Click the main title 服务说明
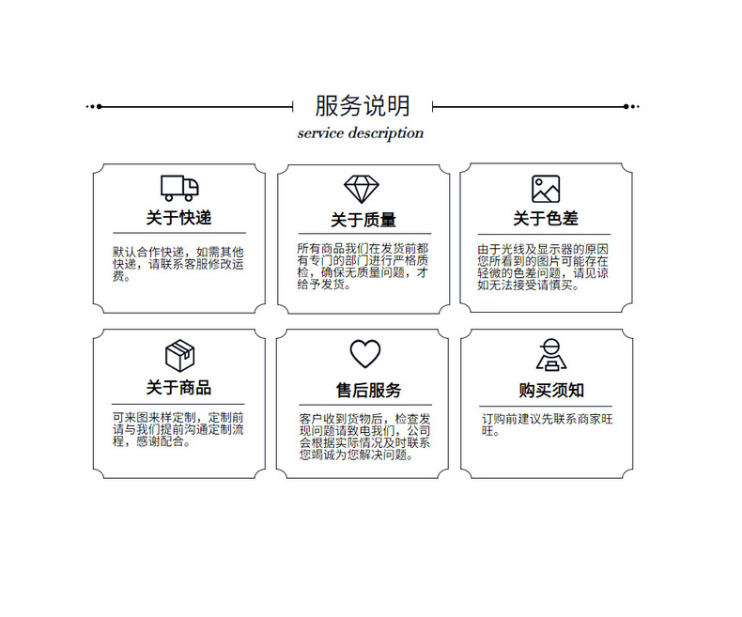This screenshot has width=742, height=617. click(x=362, y=105)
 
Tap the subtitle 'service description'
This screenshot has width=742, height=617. click(x=361, y=133)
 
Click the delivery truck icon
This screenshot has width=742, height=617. click(x=179, y=188)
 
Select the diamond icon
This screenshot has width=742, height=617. click(x=363, y=190)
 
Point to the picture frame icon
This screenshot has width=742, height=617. click(x=546, y=189)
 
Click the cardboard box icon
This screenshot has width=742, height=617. click(x=179, y=355)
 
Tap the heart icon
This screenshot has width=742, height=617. click(x=364, y=354)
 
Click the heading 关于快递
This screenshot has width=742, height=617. click(x=178, y=218)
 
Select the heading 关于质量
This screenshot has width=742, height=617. click(x=363, y=220)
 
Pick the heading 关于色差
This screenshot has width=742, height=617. click(x=546, y=219)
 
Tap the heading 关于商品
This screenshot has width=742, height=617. click(x=178, y=388)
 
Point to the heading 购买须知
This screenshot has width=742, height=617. click(x=551, y=390)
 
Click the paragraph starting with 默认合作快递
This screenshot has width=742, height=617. click(x=178, y=264)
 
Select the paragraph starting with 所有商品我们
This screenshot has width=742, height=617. click(x=363, y=266)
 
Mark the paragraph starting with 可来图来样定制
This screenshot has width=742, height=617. click(x=178, y=429)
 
